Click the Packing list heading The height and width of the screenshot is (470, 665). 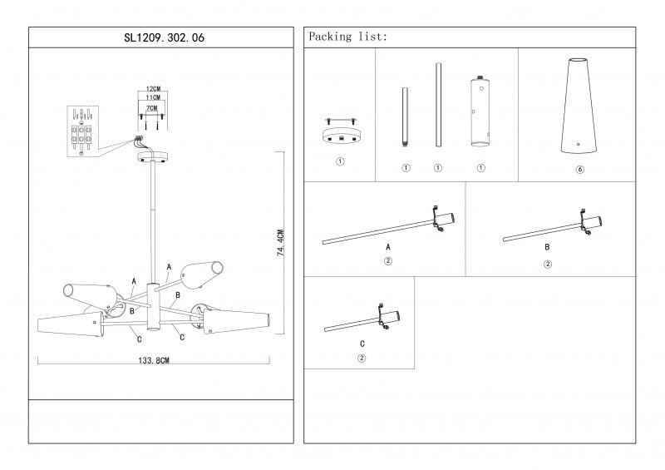tap(347, 38)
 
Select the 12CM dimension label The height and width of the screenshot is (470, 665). tap(152, 88)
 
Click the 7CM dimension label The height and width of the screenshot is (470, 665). tap(152, 108)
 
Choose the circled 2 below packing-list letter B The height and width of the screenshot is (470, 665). tap(547, 264)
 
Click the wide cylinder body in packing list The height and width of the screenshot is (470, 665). tap(480, 112)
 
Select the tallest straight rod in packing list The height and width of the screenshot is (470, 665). tap(437, 104)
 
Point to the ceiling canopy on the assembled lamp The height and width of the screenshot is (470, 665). tap(152, 156)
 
